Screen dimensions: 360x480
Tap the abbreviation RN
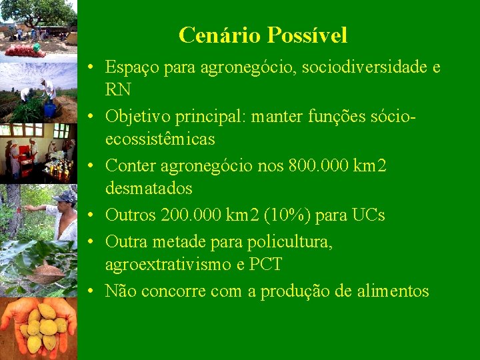[x=118, y=90]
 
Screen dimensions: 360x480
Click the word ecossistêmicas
[x=160, y=139]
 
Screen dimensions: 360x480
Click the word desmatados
[x=149, y=189]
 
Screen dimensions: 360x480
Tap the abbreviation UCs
[x=368, y=215]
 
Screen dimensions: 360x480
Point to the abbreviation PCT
[x=265, y=265]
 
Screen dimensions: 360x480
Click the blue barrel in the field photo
[x=49, y=109]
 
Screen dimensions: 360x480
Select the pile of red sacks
[x=24, y=49]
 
